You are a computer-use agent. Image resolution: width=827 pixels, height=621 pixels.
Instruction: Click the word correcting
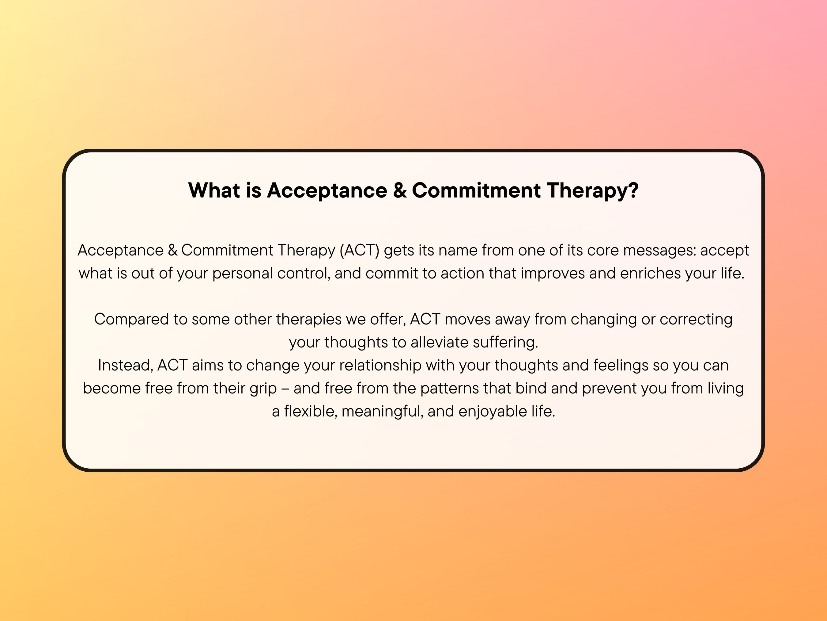point(696,319)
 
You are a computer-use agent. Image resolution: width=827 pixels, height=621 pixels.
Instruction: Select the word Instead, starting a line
point(126,365)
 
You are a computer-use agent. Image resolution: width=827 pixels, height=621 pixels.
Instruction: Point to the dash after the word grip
point(285,389)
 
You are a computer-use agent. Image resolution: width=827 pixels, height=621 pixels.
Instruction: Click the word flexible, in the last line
point(311,411)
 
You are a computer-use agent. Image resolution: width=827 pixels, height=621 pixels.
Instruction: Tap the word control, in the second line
point(304,273)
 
